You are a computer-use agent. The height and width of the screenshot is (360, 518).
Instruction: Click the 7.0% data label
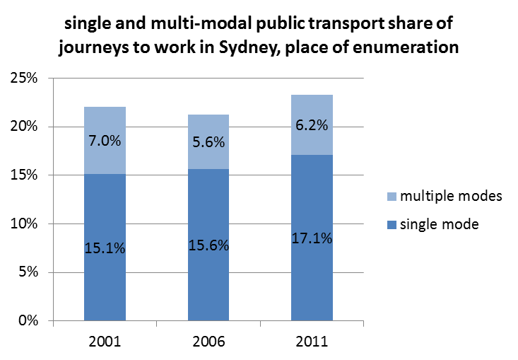click(x=105, y=140)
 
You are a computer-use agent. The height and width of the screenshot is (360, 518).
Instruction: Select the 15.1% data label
click(x=105, y=248)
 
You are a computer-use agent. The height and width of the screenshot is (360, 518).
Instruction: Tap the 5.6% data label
click(x=208, y=141)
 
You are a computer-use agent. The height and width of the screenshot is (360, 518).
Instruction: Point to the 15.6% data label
click(x=208, y=246)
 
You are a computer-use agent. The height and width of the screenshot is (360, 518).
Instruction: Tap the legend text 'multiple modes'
click(x=451, y=196)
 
